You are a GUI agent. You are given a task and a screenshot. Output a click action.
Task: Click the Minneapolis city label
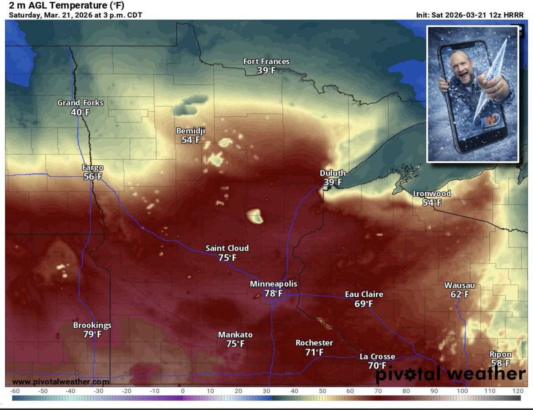tap(273, 283)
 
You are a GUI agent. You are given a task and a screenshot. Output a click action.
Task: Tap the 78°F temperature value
tap(273, 293)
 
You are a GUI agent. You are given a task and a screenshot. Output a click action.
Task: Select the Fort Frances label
tap(266, 61)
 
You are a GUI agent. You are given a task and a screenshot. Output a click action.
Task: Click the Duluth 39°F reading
tap(332, 182)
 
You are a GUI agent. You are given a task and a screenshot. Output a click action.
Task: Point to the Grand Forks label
tap(80, 103)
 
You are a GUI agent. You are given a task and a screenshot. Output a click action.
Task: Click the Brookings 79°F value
tap(92, 334)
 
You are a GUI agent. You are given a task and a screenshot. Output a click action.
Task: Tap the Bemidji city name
tap(191, 131)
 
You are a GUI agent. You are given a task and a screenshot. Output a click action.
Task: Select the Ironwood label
tap(432, 194)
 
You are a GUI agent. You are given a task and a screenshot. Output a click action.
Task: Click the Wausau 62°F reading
tap(459, 294)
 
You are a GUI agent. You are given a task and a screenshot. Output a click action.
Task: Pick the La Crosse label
tap(377, 357)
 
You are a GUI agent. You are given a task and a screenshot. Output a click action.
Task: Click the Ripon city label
tap(500, 354)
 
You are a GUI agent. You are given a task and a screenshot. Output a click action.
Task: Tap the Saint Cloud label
tap(227, 248)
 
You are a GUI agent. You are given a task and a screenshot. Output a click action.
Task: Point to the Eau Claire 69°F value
tap(363, 304)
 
